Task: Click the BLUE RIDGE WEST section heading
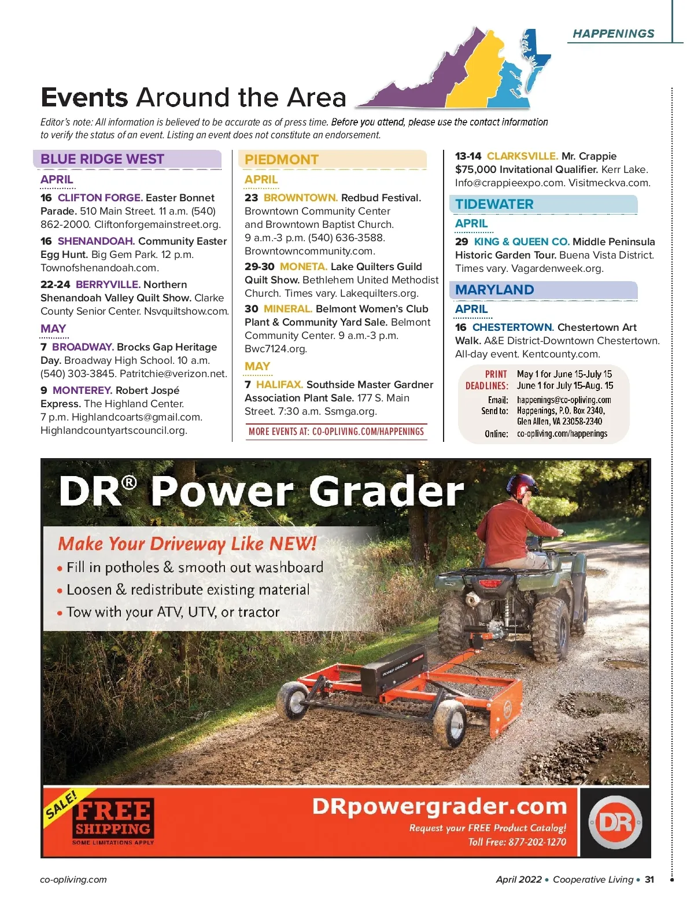click(102, 159)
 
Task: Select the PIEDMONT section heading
click(282, 160)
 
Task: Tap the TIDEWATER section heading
click(494, 204)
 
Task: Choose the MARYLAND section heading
click(494, 290)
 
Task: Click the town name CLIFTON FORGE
click(100, 198)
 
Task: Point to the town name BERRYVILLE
click(108, 285)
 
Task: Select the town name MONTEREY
click(82, 390)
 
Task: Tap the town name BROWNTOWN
click(301, 198)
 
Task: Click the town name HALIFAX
click(279, 385)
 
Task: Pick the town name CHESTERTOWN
click(513, 327)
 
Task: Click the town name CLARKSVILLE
click(522, 156)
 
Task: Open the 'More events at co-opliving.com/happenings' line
click(336, 431)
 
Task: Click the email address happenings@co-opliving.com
click(564, 400)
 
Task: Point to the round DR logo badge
click(615, 822)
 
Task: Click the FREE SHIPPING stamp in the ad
click(113, 818)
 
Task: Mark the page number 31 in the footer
click(649, 880)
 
